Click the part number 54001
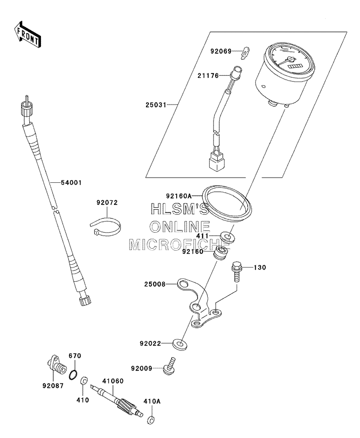pos(71,183)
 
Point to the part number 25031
pos(155,105)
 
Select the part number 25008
pos(155,284)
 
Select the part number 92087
pos(53,386)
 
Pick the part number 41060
pos(113,381)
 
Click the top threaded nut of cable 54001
pos(27,107)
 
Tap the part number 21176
pos(208,76)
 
